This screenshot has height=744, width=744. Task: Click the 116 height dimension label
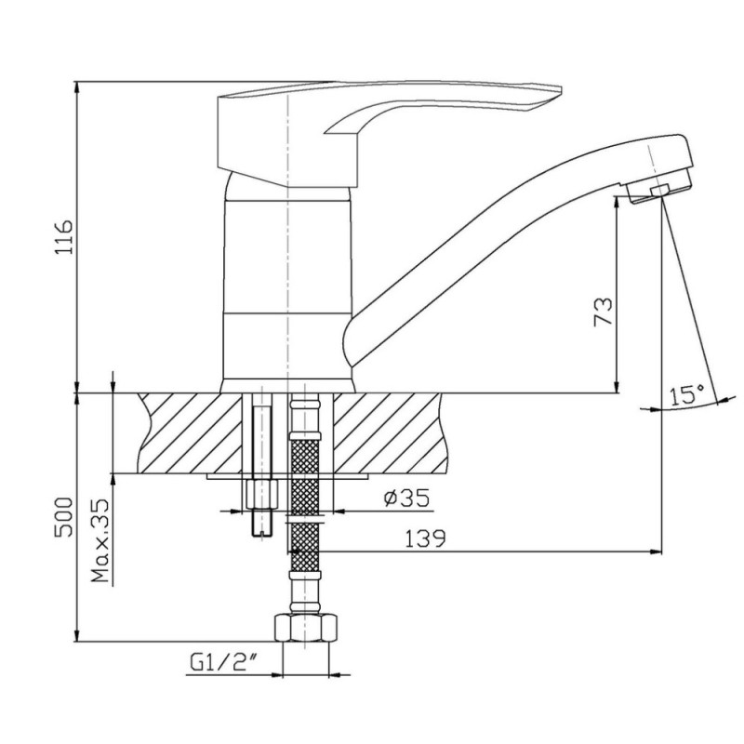click(63, 237)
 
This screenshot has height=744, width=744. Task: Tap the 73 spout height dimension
click(604, 312)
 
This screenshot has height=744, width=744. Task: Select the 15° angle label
click(687, 394)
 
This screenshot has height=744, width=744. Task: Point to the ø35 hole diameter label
click(406, 498)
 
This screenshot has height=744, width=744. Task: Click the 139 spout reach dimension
click(425, 538)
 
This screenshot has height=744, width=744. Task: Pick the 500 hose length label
click(64, 517)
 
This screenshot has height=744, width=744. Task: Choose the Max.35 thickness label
click(100, 540)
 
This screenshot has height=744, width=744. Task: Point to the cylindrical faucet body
click(288, 285)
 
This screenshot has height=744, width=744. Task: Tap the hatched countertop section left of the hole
click(190, 432)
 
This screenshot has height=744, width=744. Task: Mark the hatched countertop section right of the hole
click(390, 432)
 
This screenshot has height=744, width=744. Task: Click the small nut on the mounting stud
click(262, 494)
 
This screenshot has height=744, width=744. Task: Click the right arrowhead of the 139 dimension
click(657, 551)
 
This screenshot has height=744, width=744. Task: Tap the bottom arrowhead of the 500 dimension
click(76, 636)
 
